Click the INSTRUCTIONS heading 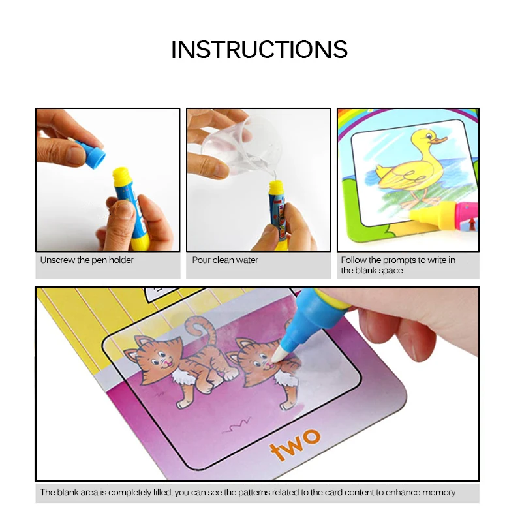click(x=260, y=50)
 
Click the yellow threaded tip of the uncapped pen click(x=121, y=176)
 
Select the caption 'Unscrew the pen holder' click(x=87, y=260)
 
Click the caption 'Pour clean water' click(x=225, y=260)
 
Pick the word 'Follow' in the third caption click(x=353, y=260)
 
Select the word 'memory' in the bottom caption click(x=440, y=493)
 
